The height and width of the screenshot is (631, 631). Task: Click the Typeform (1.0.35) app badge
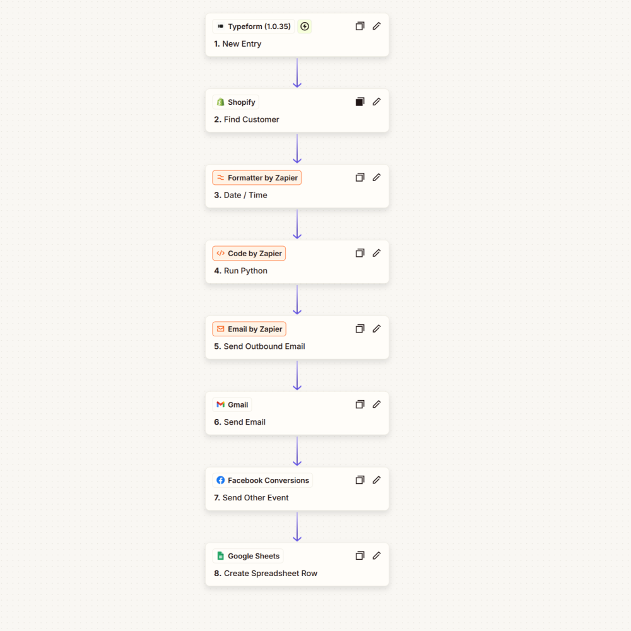254,27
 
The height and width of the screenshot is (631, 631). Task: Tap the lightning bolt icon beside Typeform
305,27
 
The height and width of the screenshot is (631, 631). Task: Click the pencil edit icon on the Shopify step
377,102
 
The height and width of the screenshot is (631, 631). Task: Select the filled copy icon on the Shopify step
360,102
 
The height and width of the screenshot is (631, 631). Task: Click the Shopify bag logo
220,102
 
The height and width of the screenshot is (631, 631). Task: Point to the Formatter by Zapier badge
257,178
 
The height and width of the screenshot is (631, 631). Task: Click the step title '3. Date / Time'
240,195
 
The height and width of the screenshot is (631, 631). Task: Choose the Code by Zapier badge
249,254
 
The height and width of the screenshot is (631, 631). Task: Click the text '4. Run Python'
240,271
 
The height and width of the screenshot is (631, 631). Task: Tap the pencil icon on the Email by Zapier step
377,329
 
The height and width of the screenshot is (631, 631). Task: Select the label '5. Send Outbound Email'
259,346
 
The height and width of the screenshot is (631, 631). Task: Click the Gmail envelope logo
220,405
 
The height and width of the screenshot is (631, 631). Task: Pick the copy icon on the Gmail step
360,404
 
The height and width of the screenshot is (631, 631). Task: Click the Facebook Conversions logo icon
220,480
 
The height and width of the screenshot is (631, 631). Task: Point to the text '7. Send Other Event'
251,498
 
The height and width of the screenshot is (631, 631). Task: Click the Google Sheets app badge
248,556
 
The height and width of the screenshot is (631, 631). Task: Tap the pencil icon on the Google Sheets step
377,556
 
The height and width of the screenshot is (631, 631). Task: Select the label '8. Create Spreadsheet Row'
266,574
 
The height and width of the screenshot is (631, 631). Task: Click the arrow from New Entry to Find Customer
297,73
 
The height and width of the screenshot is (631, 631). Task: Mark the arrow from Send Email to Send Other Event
297,451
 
